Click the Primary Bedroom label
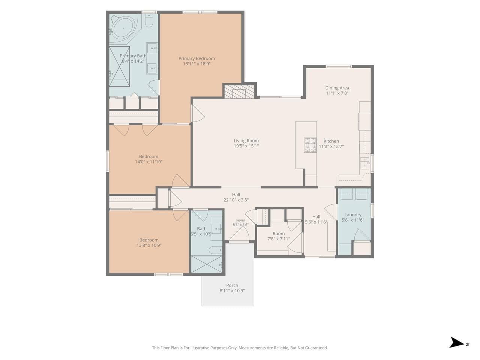196,58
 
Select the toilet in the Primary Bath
149,21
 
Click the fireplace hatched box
240,91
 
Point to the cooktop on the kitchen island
310,145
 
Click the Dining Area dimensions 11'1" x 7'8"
337,93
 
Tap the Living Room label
246,141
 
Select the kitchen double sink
365,163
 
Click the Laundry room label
353,214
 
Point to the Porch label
232,285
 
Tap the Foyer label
240,220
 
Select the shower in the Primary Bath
119,66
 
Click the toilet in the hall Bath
215,250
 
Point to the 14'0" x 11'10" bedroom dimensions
149,162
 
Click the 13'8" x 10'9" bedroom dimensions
149,245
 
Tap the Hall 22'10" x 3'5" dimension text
236,200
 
